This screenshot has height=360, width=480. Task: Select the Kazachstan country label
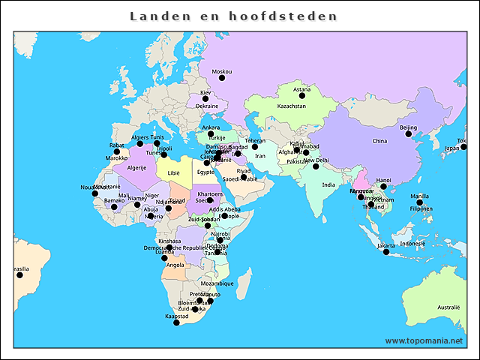292,106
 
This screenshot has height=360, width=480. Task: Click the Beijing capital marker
409,136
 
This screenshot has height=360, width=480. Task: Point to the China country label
379,141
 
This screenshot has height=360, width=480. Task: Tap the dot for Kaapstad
176,323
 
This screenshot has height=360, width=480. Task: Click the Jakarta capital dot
387,252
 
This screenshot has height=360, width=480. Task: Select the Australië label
448,307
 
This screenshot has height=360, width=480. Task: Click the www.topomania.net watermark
424,341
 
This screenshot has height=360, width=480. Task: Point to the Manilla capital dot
420,203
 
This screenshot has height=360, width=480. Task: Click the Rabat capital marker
117,151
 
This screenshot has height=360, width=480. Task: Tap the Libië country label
173,172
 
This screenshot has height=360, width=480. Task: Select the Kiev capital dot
205,99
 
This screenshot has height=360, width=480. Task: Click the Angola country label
175,265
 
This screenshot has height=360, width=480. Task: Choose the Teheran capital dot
255,147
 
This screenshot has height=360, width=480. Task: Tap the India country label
328,184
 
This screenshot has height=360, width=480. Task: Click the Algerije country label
136,168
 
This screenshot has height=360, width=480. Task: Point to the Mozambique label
217,283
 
